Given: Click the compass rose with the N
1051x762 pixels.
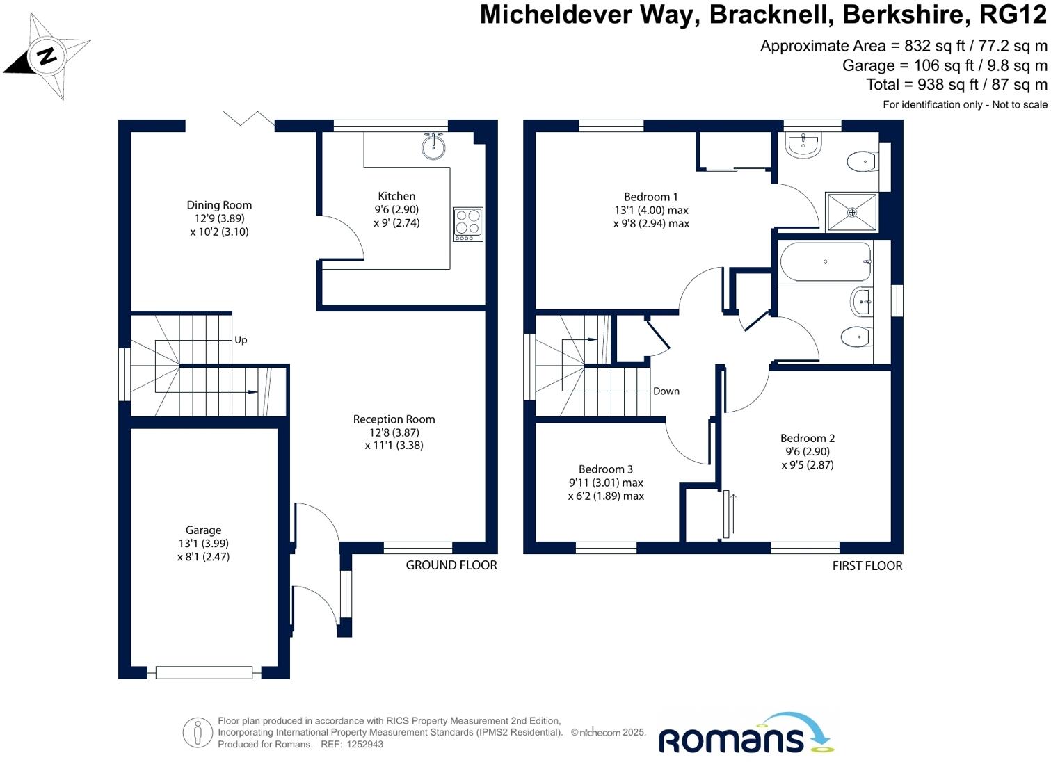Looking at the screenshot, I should click(x=47, y=56).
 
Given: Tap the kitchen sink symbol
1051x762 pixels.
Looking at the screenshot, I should click(x=434, y=146).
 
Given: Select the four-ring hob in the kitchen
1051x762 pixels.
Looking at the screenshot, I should click(x=467, y=223).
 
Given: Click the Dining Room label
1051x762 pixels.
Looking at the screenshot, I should click(x=219, y=205).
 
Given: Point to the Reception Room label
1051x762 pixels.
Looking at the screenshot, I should click(x=394, y=419).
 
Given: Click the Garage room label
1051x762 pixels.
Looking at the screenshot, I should click(x=203, y=530).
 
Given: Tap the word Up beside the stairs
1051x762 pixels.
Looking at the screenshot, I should click(x=241, y=340).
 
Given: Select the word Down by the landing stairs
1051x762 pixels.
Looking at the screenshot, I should click(x=666, y=391).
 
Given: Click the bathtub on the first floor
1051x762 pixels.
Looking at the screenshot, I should click(x=826, y=261).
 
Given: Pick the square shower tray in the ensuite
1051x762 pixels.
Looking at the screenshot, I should click(x=852, y=213).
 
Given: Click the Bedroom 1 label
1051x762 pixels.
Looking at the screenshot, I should click(x=650, y=197).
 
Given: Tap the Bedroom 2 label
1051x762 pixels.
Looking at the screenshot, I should click(x=807, y=438).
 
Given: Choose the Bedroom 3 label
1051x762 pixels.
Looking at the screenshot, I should click(x=606, y=469).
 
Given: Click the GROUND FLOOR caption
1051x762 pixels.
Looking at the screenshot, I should click(x=451, y=565).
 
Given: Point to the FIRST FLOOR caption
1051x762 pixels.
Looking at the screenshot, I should click(x=867, y=566).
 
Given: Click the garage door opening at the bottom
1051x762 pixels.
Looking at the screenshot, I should click(x=204, y=672).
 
